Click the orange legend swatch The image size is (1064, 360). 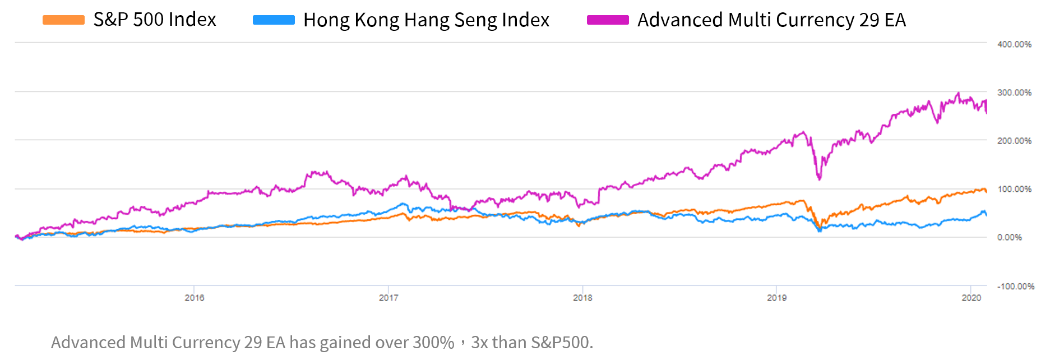click(63, 20)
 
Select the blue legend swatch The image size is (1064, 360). click(274, 20)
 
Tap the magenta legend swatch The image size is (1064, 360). click(608, 20)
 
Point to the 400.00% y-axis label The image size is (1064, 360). click(1014, 44)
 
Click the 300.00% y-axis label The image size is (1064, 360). click(1014, 93)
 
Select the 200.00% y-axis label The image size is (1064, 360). click(1014, 141)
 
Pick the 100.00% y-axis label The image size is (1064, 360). click(1014, 189)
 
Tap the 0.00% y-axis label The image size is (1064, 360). click(1010, 237)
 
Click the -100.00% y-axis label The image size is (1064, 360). click(1015, 286)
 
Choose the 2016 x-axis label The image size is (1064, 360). click(195, 298)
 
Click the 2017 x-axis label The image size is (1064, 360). click(388, 298)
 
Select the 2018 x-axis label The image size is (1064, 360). click(582, 298)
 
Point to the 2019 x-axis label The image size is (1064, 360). click(776, 298)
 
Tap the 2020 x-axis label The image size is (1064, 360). click(972, 298)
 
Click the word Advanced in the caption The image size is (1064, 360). click(88, 342)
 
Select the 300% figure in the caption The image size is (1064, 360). click(433, 342)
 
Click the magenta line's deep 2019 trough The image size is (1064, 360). click(820, 179)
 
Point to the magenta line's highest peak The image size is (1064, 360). click(958, 93)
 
